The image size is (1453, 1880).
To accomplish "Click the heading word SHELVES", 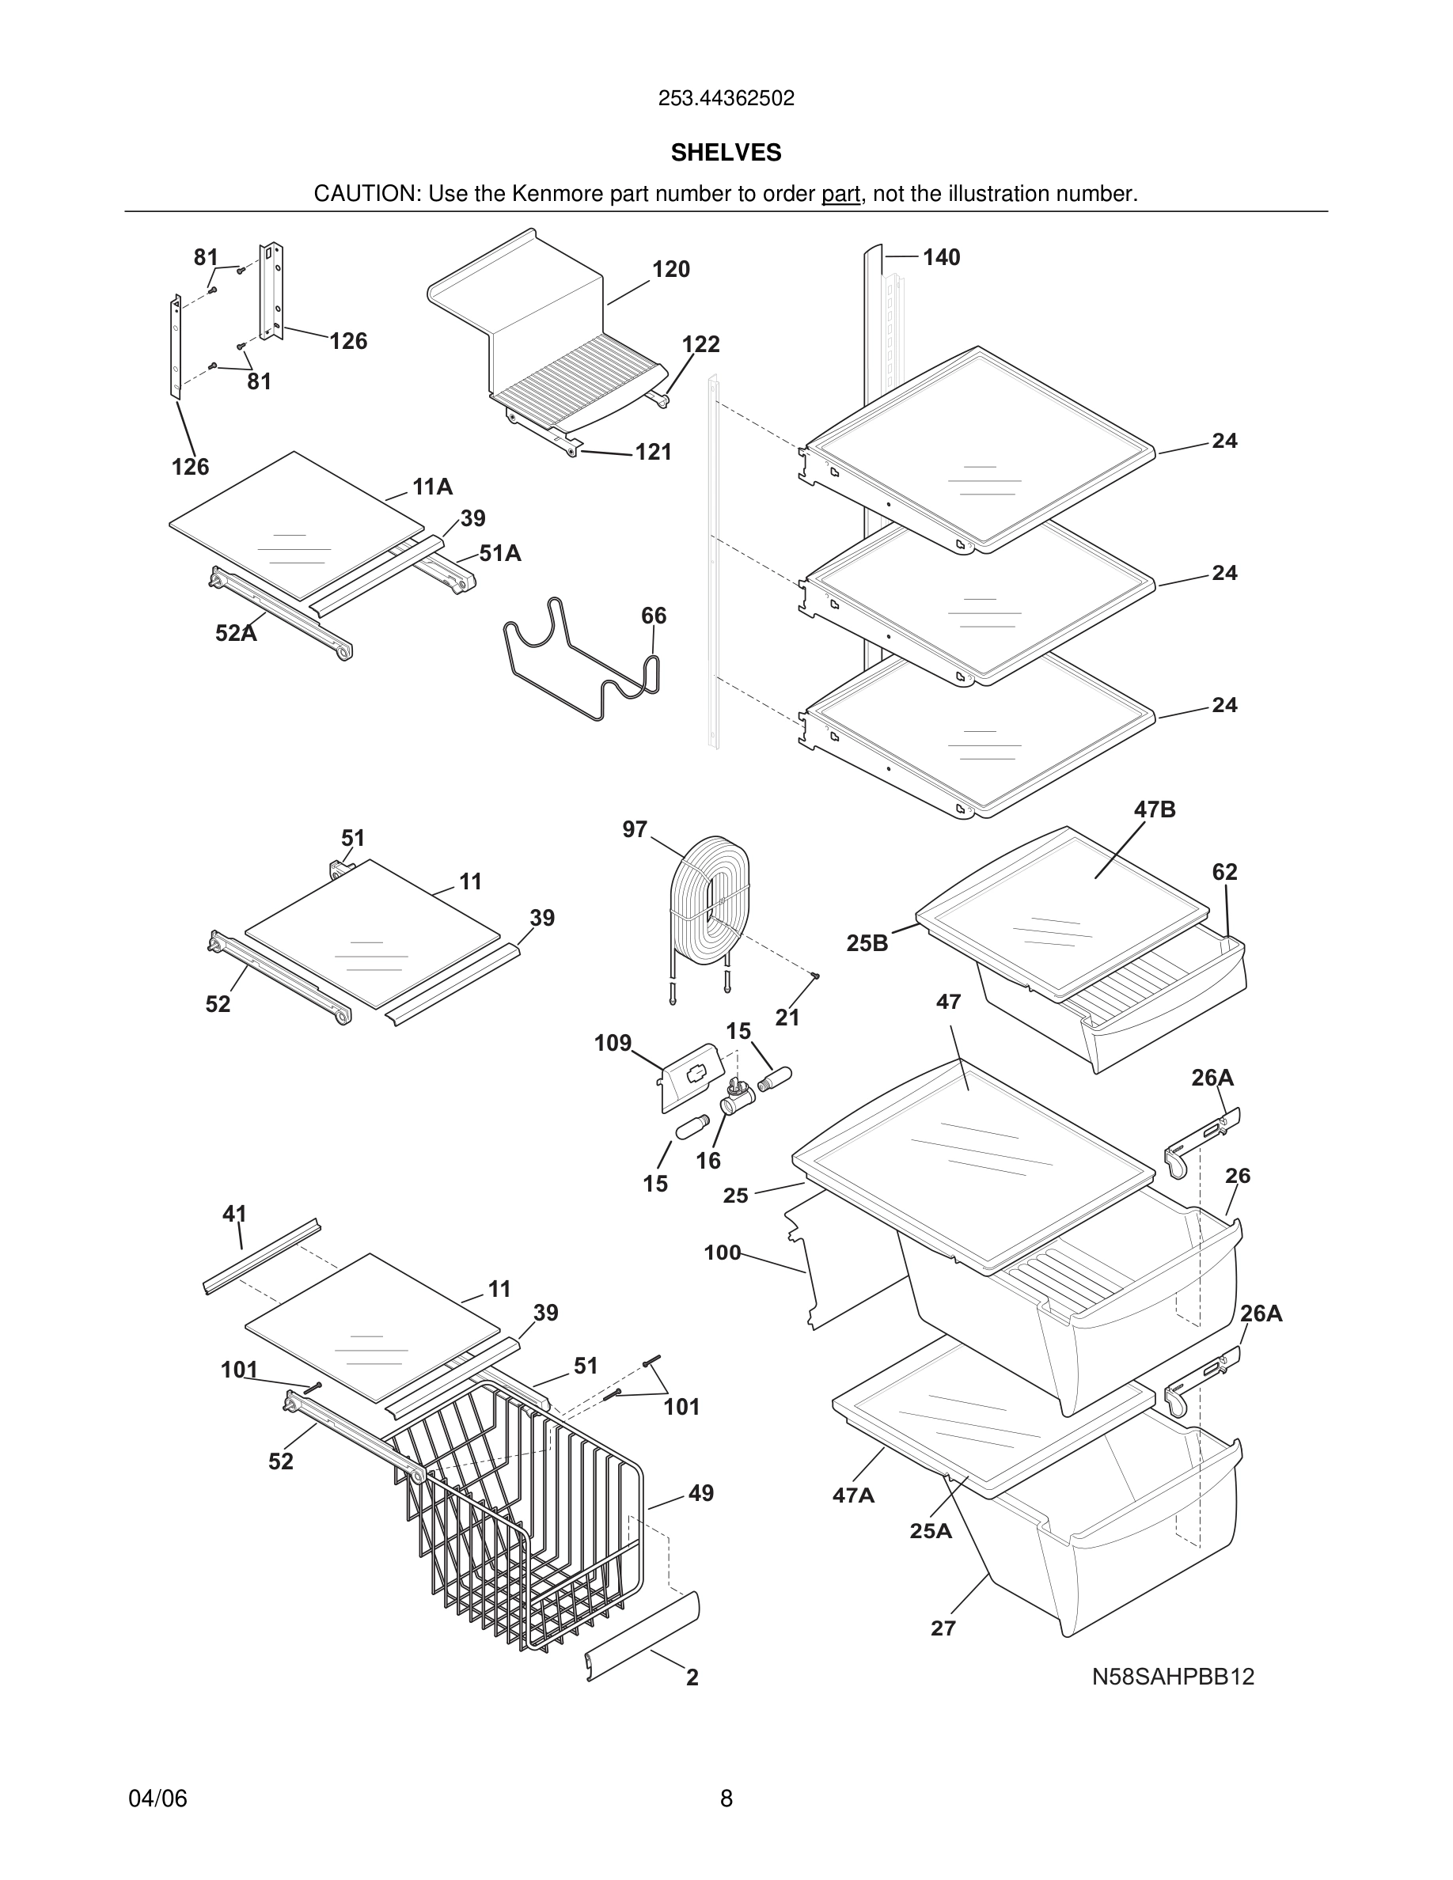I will coord(726,153).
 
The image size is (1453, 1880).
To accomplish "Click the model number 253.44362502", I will coord(726,99).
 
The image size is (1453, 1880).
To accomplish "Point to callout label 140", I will coord(941,257).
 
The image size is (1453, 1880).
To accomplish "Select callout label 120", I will coord(670,270).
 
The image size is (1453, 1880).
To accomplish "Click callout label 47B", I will coord(1155,809).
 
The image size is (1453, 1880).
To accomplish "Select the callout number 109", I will coord(613,1044).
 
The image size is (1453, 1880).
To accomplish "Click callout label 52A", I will coord(236,634).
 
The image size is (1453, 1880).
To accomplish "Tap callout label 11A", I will coord(432,487).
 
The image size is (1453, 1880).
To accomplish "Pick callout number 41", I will coord(234,1214).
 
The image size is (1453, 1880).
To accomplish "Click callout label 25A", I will coord(931,1530).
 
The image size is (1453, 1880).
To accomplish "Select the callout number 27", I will coord(943,1628).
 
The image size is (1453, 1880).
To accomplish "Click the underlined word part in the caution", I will coord(840,195).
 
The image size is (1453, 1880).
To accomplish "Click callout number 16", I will coord(708,1162).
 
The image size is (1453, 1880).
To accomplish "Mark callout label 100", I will coord(723,1253).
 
